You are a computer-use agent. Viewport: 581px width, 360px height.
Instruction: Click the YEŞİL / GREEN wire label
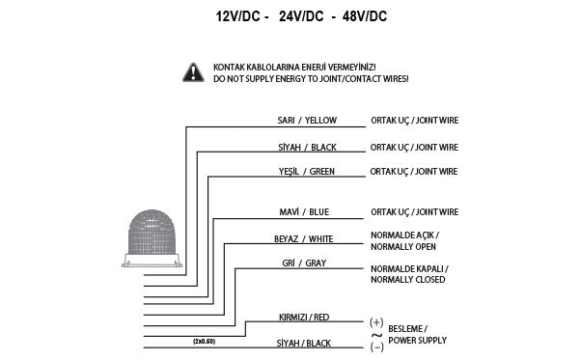point(308,171)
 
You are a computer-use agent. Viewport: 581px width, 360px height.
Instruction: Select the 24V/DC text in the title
point(302,16)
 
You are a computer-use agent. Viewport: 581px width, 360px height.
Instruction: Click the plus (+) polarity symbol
point(376,320)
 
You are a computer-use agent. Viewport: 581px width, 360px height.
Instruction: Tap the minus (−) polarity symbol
point(376,346)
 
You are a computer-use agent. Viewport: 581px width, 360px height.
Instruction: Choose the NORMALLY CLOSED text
point(408,279)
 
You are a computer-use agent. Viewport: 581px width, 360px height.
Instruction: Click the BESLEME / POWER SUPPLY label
point(417,333)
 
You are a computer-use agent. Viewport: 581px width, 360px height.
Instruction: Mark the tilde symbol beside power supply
point(376,333)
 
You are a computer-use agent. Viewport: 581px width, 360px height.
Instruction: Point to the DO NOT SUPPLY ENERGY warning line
point(311,78)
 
